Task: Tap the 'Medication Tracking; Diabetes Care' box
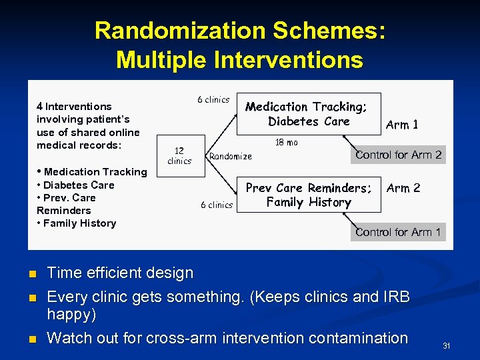pyautogui.click(x=308, y=114)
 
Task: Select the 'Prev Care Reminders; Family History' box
pyautogui.click(x=308, y=195)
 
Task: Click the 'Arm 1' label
pyautogui.click(x=402, y=125)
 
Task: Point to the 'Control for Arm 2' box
pyautogui.click(x=398, y=155)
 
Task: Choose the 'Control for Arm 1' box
pyautogui.click(x=398, y=232)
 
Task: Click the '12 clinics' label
pyautogui.click(x=179, y=155)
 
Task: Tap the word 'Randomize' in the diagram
pyautogui.click(x=231, y=156)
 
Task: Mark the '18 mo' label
pyautogui.click(x=287, y=142)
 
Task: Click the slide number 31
pyautogui.click(x=447, y=345)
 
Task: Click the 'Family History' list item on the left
pyautogui.click(x=79, y=223)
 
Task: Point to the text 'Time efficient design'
pyautogui.click(x=120, y=273)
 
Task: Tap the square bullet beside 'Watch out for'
pyautogui.click(x=31, y=339)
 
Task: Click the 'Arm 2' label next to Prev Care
pyautogui.click(x=403, y=188)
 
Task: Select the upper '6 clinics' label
pyautogui.click(x=213, y=100)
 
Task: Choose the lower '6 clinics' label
pyautogui.click(x=217, y=205)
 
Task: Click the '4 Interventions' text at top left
pyautogui.click(x=74, y=106)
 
